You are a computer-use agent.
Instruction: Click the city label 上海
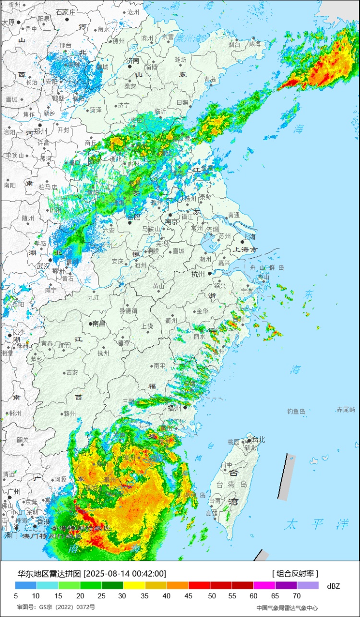(x=251, y=237)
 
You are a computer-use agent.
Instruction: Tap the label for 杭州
(x=197, y=274)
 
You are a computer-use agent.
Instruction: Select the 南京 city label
(x=171, y=222)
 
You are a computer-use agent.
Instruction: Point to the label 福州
(x=174, y=408)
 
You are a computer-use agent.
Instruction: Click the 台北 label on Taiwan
(x=258, y=439)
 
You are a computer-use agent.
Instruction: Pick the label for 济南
(x=133, y=60)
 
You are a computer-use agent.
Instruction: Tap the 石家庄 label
(x=66, y=12)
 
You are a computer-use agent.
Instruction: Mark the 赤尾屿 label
(x=346, y=410)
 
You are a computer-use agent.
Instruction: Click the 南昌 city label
(x=99, y=324)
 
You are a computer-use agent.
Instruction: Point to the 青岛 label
(x=210, y=79)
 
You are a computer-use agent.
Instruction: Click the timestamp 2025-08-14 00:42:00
(x=125, y=574)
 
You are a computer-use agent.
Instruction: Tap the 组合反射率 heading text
(x=295, y=574)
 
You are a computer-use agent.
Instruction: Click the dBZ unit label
(x=333, y=586)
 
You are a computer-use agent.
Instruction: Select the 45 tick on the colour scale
(x=189, y=596)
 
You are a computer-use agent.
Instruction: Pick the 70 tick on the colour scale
(x=297, y=596)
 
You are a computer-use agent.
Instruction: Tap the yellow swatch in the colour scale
(x=134, y=586)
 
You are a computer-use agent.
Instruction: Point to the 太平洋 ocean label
(x=315, y=524)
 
